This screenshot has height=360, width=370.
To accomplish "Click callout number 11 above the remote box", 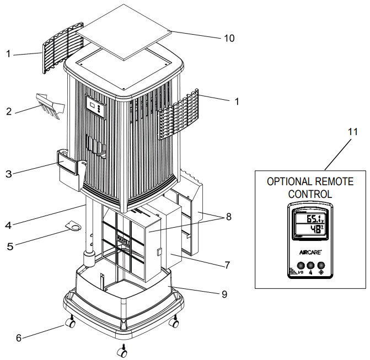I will (x=353, y=132).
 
